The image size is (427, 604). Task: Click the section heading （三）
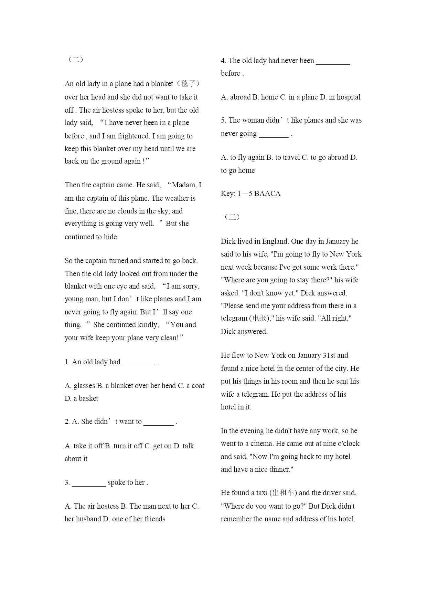232,217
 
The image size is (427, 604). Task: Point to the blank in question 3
89,483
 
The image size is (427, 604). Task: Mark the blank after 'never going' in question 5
274,134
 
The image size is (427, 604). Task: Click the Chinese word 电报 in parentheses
259,318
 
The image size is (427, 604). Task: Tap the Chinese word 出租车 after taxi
283,493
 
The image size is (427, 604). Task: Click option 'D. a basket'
82,398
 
